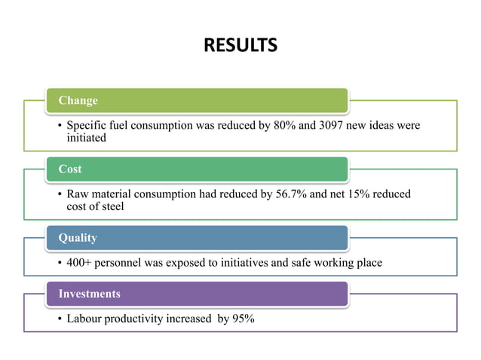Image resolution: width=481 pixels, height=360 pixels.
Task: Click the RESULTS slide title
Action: pos(240,46)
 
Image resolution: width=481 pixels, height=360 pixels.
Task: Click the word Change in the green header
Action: pos(78,101)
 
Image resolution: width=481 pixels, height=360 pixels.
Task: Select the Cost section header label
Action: pos(70,169)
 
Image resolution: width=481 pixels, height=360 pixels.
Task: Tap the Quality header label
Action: pos(78,238)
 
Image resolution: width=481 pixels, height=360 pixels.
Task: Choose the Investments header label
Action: pos(89,294)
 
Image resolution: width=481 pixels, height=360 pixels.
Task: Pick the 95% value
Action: pos(243,319)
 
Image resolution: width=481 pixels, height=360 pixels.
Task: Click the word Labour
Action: pos(85,319)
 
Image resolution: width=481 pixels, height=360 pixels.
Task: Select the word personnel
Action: pos(122,263)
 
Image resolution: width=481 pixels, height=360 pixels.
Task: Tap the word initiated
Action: pos(86,138)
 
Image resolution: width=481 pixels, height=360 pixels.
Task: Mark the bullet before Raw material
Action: pos(60,195)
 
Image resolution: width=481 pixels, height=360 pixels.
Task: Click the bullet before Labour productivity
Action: pos(60,319)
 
